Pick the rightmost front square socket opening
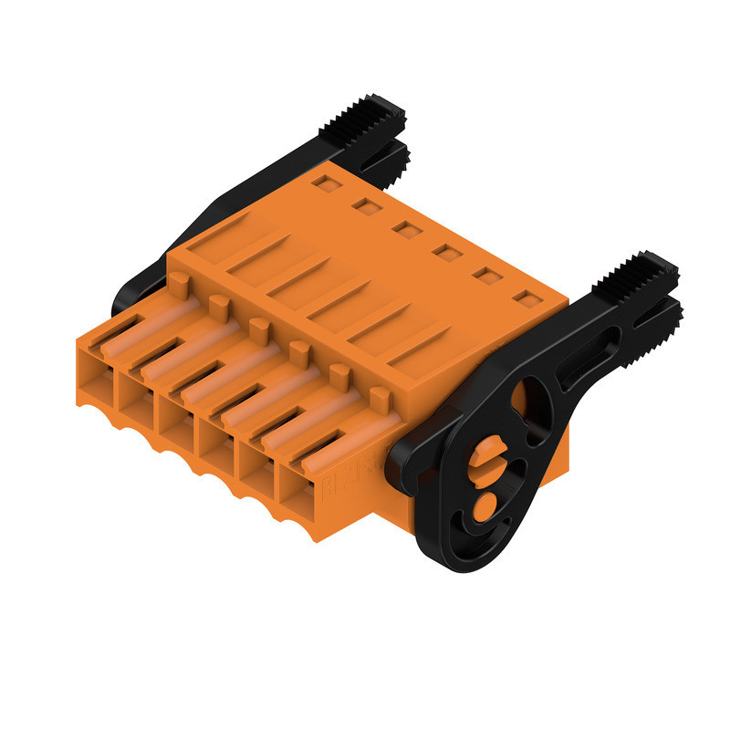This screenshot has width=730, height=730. point(302,493)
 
